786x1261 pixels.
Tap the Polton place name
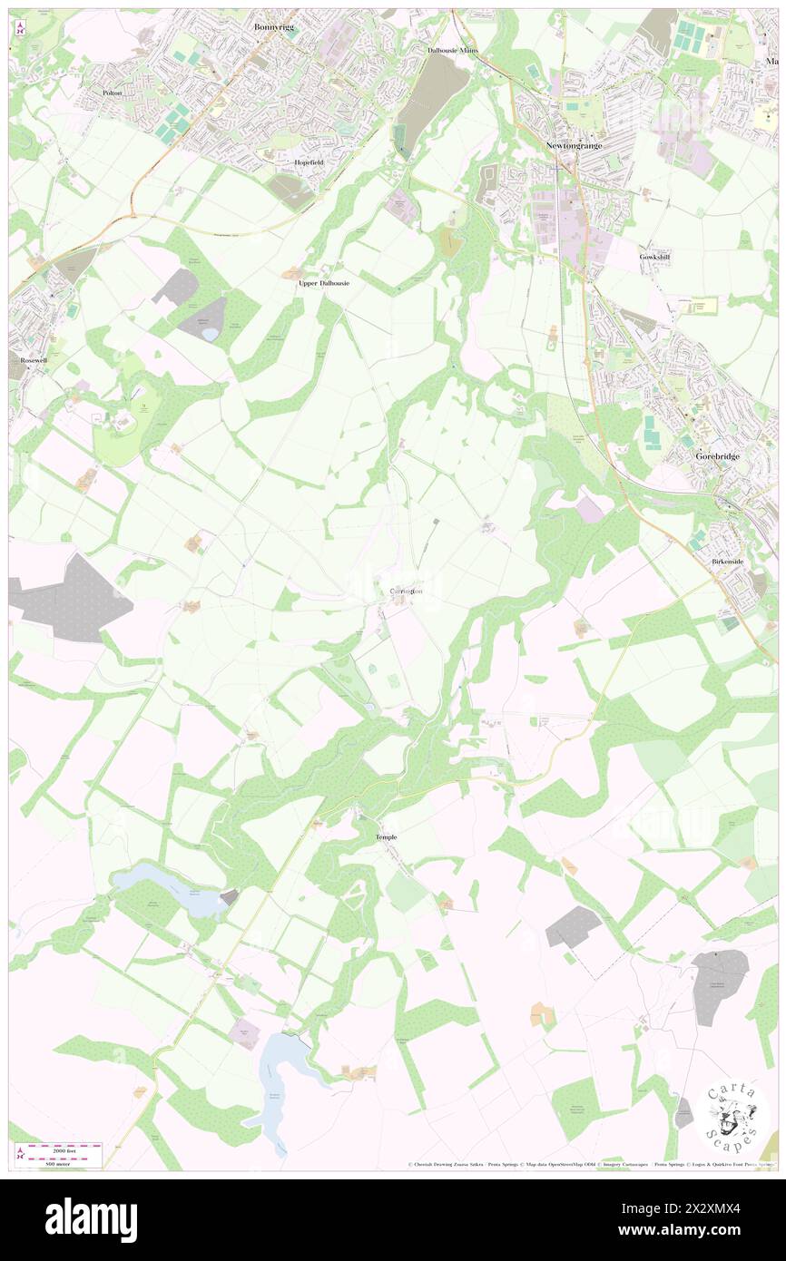pyautogui.click(x=113, y=93)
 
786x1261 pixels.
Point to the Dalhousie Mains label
pyautogui.click(x=452, y=51)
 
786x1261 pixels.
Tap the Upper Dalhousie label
pyautogui.click(x=324, y=283)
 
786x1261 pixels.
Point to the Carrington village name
pyautogui.click(x=406, y=591)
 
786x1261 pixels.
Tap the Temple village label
pyautogui.click(x=386, y=836)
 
